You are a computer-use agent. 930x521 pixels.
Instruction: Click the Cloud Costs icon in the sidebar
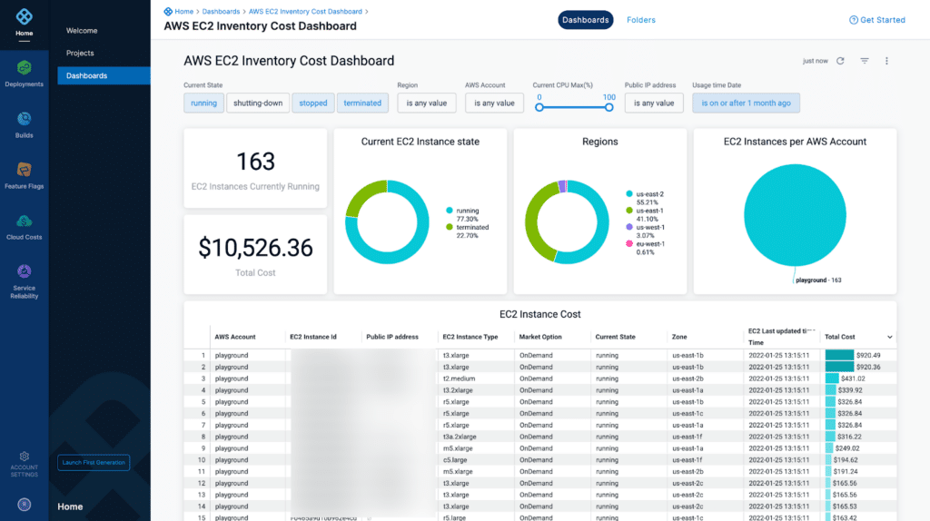click(x=24, y=221)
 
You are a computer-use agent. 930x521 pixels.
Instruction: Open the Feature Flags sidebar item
click(x=24, y=170)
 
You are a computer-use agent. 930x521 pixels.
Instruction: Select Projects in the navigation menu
click(x=80, y=54)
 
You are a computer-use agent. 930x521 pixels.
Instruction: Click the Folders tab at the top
click(x=640, y=20)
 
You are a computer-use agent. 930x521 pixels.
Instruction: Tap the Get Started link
click(x=876, y=20)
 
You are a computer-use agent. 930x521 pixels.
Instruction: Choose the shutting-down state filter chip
click(x=258, y=103)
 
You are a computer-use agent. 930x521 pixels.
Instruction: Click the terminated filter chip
click(x=362, y=103)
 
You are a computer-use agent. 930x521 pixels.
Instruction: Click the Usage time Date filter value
click(x=746, y=103)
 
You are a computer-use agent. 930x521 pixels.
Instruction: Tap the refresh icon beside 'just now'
click(x=840, y=61)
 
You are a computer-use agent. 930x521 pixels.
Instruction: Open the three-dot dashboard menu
click(x=886, y=61)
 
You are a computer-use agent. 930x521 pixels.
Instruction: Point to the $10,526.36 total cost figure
click(x=255, y=248)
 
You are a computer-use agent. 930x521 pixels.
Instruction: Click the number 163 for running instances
click(x=255, y=162)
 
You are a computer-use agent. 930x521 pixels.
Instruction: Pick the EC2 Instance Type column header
click(x=470, y=337)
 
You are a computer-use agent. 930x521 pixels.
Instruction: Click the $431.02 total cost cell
click(x=851, y=378)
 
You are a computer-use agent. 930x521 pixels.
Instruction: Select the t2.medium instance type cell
click(x=459, y=378)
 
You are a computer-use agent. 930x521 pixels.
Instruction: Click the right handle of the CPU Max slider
click(x=609, y=107)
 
